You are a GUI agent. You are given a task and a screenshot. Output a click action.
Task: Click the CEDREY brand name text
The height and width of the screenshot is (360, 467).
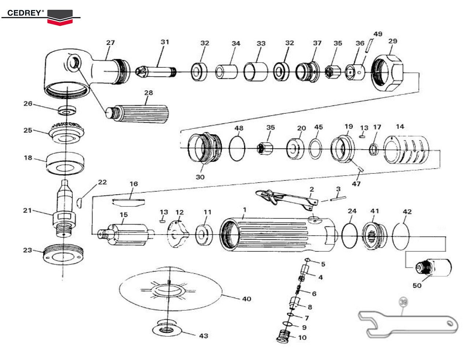click(25, 13)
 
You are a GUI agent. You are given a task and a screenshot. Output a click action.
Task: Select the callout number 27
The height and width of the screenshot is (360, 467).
click(111, 42)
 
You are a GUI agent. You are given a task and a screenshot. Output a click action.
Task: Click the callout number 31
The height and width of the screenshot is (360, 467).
click(165, 42)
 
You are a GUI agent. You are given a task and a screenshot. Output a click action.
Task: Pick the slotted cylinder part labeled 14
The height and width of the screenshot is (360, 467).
click(406, 150)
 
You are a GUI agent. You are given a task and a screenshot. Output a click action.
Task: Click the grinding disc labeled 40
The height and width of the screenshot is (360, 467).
click(170, 290)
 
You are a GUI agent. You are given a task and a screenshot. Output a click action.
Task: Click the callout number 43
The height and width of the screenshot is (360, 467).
click(203, 335)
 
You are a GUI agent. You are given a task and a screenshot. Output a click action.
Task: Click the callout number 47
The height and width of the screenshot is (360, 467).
click(356, 184)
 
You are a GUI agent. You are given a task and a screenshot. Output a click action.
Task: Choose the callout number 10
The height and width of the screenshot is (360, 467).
click(302, 337)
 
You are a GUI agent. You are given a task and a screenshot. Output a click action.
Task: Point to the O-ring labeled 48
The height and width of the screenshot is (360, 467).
click(237, 149)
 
